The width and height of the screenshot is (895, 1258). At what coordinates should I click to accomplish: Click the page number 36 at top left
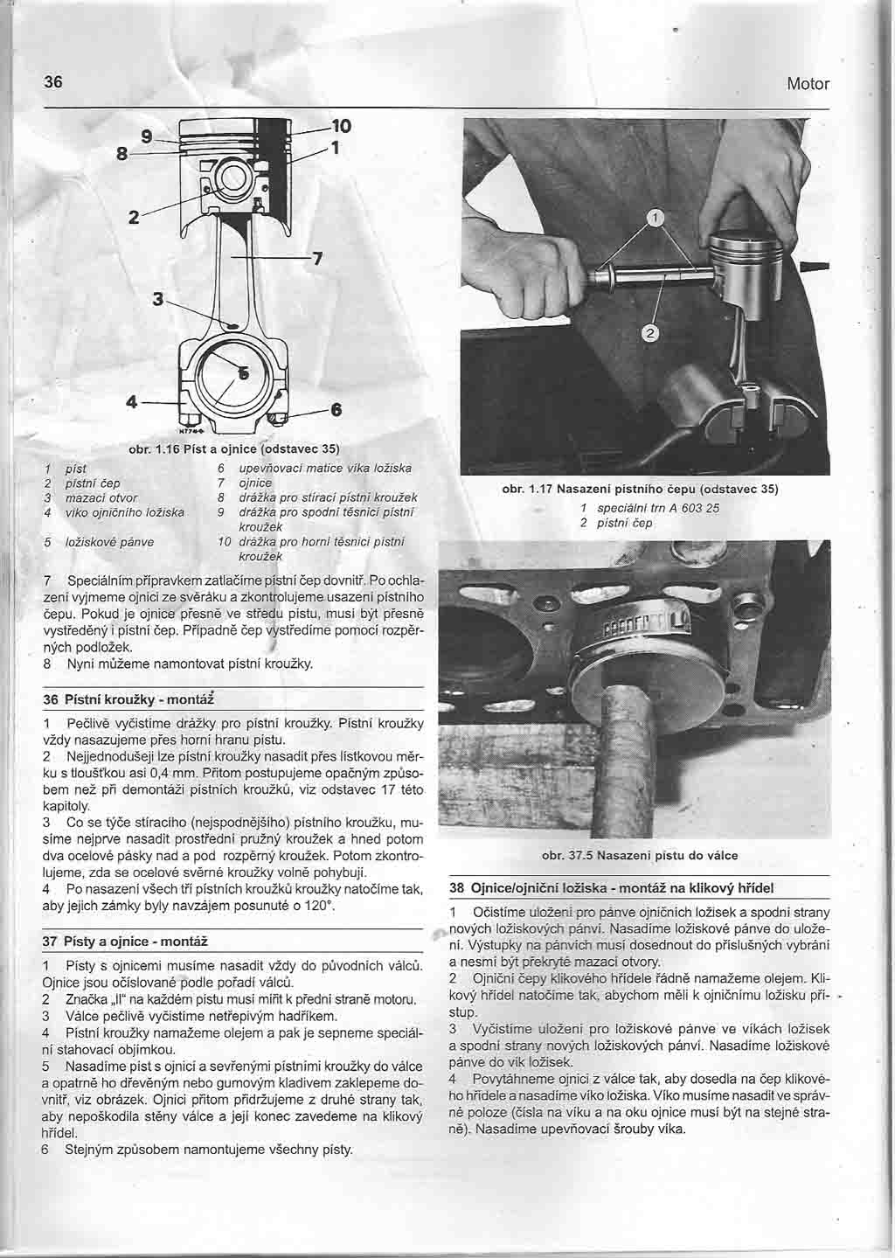tap(53, 82)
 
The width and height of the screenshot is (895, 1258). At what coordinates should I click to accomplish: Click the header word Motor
tap(807, 84)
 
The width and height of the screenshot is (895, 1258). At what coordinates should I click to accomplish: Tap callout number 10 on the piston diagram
tap(341, 126)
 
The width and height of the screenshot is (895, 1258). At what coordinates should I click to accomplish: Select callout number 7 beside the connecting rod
tap(318, 258)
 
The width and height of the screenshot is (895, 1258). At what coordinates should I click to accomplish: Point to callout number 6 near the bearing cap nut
tap(335, 409)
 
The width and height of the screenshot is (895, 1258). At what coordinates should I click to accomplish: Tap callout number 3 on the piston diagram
tap(158, 299)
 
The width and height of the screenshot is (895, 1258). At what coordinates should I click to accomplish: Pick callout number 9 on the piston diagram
tap(148, 136)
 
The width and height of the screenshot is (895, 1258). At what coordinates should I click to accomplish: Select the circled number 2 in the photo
tap(653, 332)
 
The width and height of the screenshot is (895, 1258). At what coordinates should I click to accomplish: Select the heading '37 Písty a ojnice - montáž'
tap(126, 942)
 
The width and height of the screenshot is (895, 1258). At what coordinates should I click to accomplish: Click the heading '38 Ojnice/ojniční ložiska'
tap(611, 887)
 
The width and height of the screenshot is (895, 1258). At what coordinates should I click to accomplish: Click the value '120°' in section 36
tap(319, 907)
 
